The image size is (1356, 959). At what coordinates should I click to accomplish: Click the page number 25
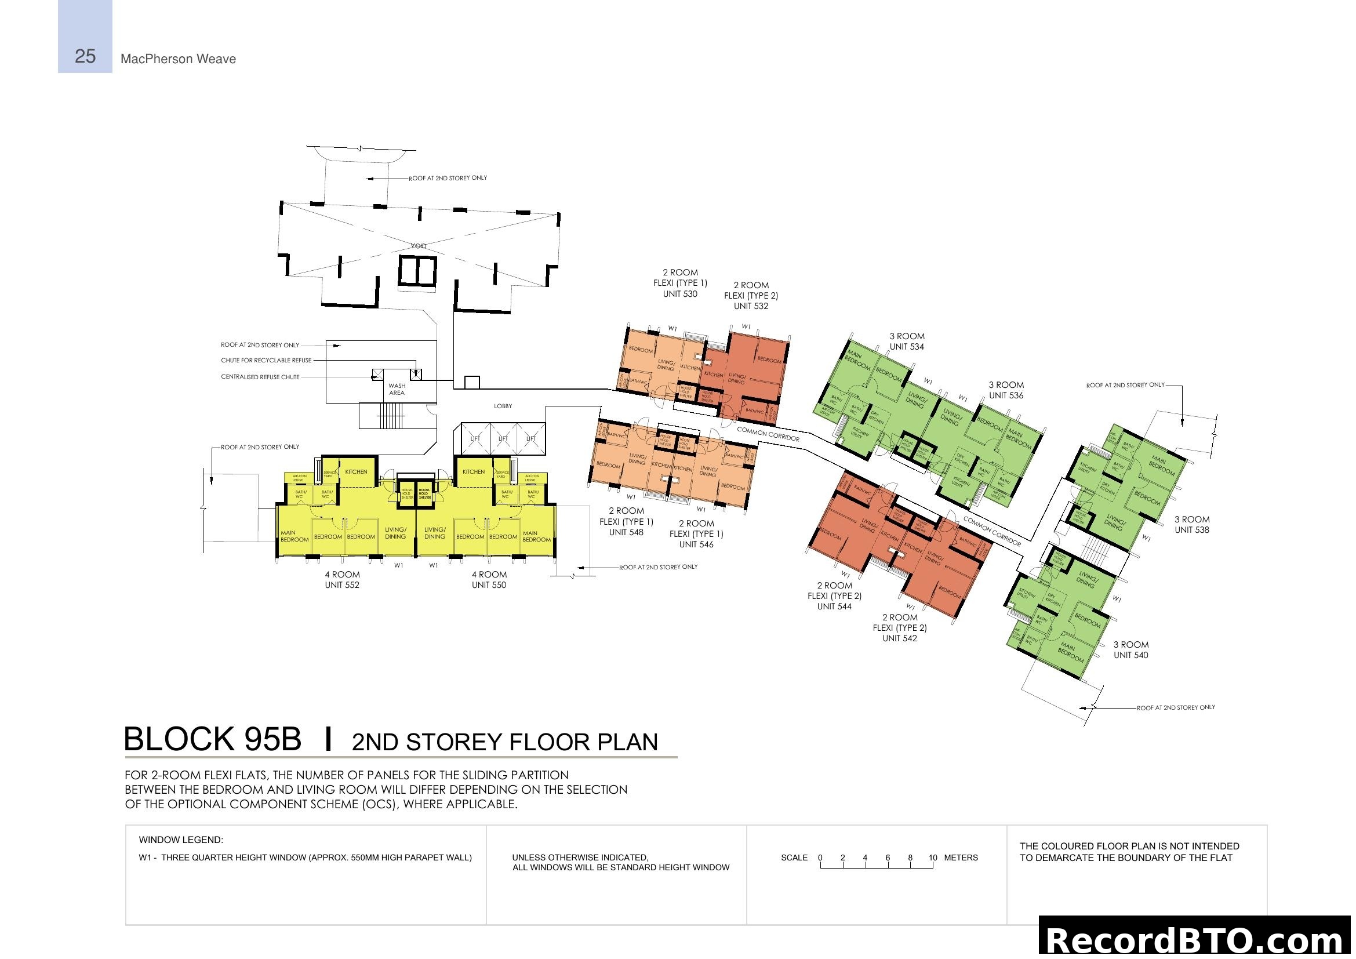[85, 56]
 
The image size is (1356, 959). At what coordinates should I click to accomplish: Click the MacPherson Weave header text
[178, 59]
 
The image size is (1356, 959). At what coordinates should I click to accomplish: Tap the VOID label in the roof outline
[418, 246]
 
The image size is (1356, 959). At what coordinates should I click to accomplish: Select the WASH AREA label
[397, 389]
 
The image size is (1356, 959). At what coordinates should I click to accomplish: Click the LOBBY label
[503, 406]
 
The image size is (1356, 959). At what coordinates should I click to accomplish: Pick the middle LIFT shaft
[503, 438]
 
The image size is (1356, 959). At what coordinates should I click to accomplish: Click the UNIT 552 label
[341, 585]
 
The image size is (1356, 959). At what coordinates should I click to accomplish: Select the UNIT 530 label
[680, 294]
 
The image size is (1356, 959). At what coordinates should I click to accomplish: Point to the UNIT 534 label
[907, 347]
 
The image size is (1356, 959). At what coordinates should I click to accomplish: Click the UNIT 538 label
[1191, 530]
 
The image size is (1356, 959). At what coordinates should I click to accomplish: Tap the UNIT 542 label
[899, 638]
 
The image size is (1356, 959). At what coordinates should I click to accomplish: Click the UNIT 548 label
[626, 532]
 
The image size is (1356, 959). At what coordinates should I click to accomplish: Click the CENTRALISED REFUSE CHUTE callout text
[260, 377]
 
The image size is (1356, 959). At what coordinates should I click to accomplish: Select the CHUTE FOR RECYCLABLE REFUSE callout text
[266, 360]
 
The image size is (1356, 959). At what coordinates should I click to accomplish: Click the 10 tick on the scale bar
[933, 858]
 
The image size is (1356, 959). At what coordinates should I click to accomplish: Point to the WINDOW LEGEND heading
[181, 840]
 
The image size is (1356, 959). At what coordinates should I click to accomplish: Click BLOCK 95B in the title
[213, 739]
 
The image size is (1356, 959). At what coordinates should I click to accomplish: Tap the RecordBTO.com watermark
[1197, 940]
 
